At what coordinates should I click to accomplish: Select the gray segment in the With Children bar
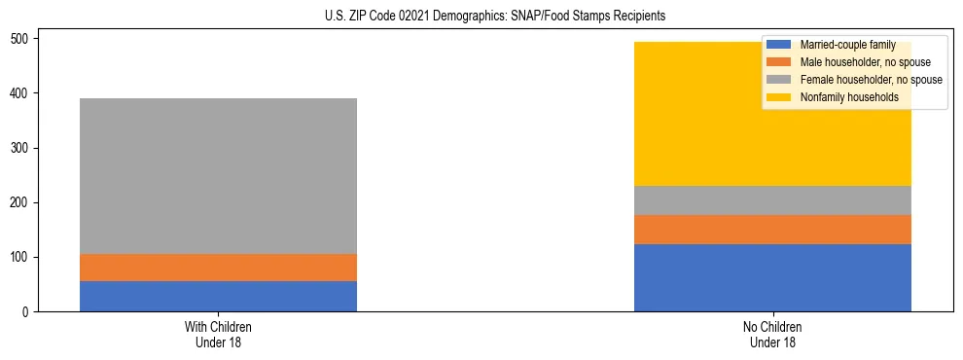(218, 176)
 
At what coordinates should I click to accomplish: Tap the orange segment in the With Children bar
(218, 268)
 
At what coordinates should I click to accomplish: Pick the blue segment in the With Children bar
(218, 296)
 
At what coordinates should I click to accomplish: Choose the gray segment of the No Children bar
(772, 200)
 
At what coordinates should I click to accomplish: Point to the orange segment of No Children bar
(772, 230)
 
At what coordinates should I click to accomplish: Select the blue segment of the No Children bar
(772, 277)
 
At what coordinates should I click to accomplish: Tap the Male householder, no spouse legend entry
(851, 62)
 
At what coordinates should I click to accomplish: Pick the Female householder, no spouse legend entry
(856, 80)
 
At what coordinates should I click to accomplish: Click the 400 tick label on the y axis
(22, 93)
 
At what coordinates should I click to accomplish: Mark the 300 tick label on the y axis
(22, 148)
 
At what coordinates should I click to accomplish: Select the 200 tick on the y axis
(22, 202)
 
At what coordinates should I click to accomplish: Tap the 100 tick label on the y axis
(22, 257)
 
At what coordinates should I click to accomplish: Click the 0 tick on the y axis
(28, 311)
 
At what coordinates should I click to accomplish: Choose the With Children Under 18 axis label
(218, 334)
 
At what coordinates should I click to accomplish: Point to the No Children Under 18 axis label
(772, 334)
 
